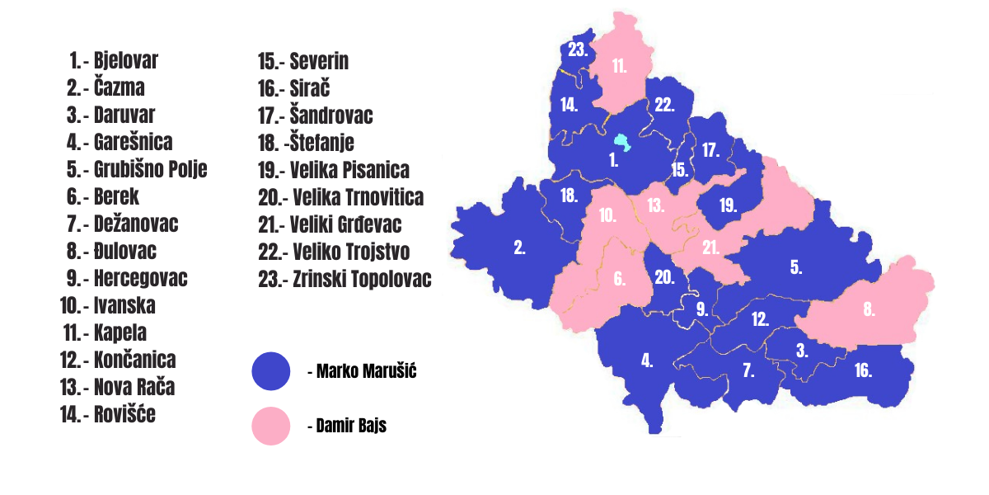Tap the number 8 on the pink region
(869, 310)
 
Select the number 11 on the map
(620, 67)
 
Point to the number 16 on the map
(863, 370)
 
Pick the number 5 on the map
(795, 266)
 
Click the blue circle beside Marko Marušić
(271, 371)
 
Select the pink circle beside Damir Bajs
(271, 427)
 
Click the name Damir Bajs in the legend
(351, 427)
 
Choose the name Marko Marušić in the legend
(367, 372)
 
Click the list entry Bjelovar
(125, 60)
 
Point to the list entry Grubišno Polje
(149, 169)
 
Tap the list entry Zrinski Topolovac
(360, 279)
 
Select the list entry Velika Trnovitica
(356, 197)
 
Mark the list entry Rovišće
(124, 414)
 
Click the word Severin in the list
(318, 61)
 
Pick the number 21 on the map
(711, 247)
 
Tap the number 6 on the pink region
(619, 279)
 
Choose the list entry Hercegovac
(139, 278)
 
